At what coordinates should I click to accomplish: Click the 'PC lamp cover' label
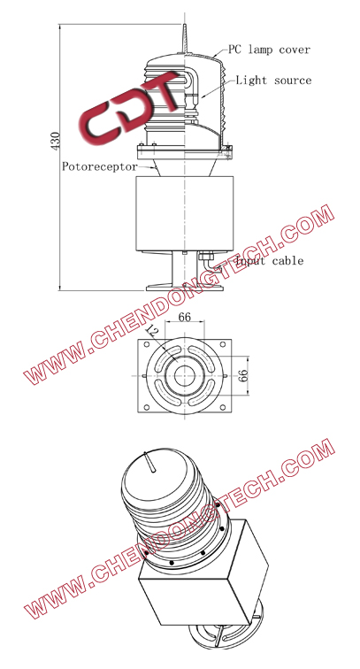270,49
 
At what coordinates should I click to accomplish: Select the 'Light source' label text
273,81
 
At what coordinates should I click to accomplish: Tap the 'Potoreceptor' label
99,165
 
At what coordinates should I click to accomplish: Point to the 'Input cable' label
269,261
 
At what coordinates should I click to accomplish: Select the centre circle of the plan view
185,375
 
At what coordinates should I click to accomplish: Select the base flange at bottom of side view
185,286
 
